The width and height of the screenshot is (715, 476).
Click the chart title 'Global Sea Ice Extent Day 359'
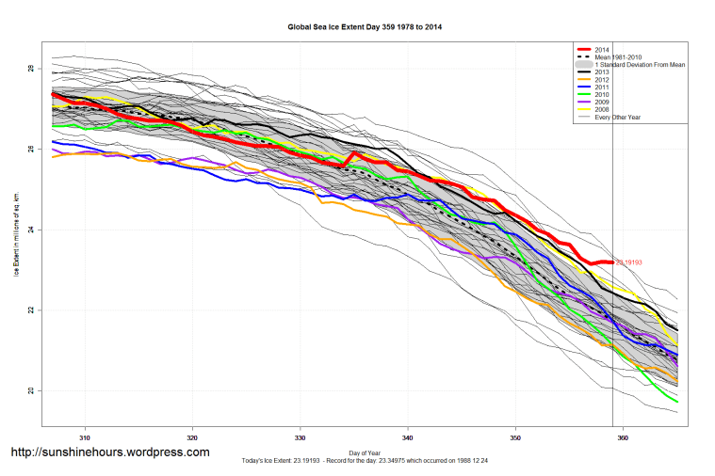click(364, 28)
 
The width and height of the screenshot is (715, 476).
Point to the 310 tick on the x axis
click(85, 437)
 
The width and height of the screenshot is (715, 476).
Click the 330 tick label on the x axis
click(301, 437)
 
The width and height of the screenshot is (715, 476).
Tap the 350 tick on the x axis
click(515, 437)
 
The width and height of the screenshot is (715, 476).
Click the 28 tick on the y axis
click(30, 70)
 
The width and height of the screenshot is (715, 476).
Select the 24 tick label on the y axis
click(30, 230)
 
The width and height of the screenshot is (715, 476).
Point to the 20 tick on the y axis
click(30, 390)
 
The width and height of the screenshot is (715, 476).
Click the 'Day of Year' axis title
click(364, 453)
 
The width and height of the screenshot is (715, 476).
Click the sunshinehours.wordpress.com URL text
click(109, 452)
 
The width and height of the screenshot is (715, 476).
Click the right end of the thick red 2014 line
click(612, 262)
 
